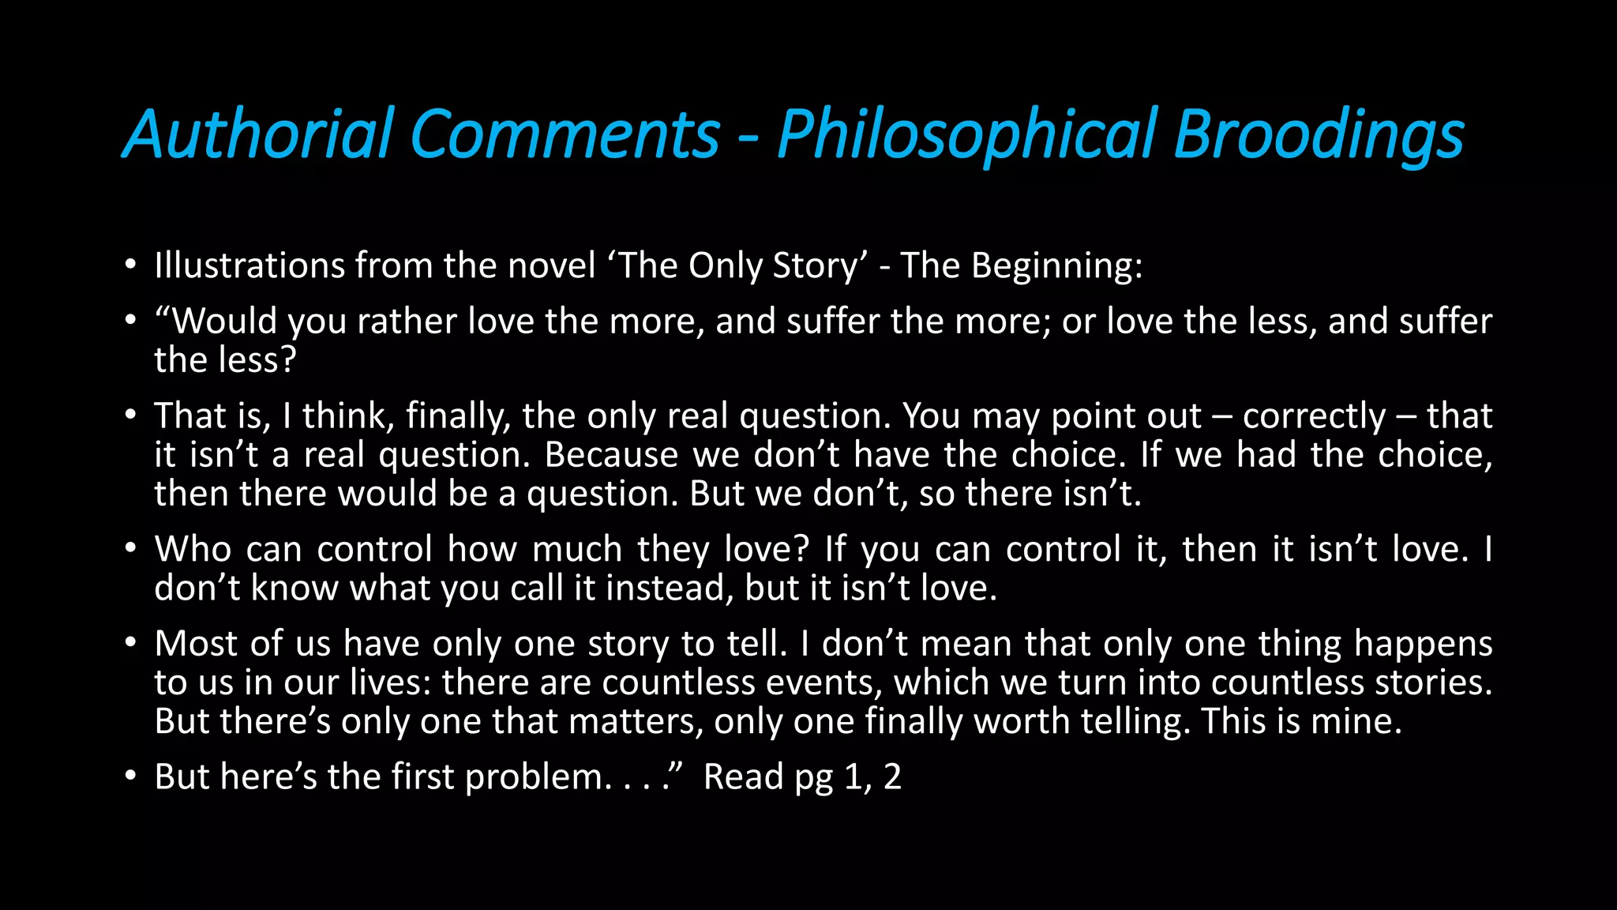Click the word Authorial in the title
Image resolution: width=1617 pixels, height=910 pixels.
[x=259, y=134]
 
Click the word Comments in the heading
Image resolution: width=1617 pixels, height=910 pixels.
[x=565, y=134]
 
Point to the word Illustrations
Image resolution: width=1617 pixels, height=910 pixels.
[x=249, y=265]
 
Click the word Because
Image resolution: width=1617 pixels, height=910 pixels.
[x=611, y=455]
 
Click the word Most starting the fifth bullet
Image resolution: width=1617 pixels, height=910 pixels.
[x=196, y=644]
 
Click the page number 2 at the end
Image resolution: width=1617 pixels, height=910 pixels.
[x=892, y=777]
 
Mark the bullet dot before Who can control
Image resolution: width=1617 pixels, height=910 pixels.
[x=130, y=548]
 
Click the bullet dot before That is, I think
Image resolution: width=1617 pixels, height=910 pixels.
[x=130, y=416]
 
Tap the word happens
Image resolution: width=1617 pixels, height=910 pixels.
[x=1423, y=645]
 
